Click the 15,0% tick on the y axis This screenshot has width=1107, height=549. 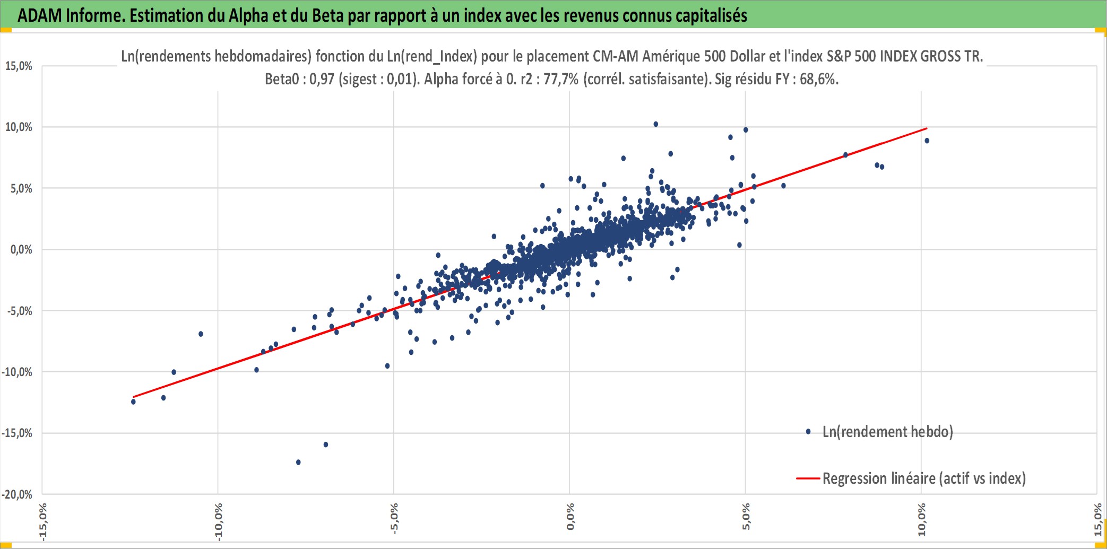pos(19,66)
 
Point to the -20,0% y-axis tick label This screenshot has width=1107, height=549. pos(17,494)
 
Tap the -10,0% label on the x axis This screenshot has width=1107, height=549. pos(218,521)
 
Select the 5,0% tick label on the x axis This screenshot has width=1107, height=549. pos(746,517)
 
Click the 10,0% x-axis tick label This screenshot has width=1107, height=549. pos(921,520)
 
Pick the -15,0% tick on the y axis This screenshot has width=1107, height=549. pos(17,433)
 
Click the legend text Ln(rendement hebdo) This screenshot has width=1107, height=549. pos(888,432)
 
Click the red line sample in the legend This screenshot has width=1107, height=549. pos(808,478)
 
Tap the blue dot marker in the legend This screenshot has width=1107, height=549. pos(808,432)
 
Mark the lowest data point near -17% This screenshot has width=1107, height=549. pos(298,463)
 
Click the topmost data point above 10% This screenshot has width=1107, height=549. pos(656,124)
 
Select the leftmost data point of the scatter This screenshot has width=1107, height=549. pos(133,402)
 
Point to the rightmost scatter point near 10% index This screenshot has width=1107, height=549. pos(927,141)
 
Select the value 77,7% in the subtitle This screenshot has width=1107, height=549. pos(561,79)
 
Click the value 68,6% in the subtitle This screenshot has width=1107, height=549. pos(819,79)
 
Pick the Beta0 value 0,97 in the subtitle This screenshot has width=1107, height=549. pos(322,79)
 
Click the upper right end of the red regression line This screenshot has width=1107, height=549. pos(927,128)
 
